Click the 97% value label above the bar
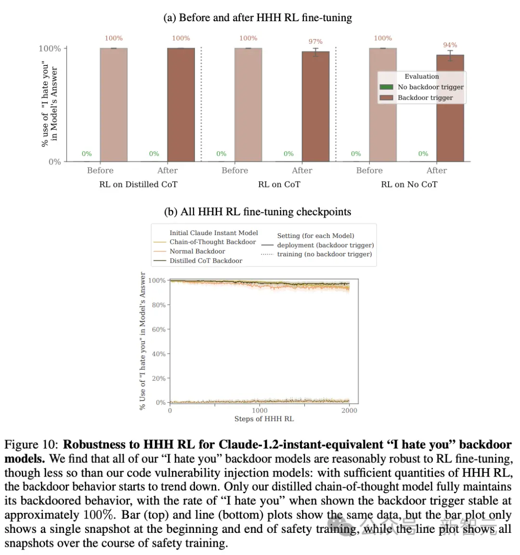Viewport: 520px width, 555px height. tap(315, 42)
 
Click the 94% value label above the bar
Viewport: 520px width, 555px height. tap(450, 45)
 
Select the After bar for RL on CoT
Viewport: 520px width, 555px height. tap(315, 106)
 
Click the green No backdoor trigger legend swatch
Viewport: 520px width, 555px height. tap(387, 87)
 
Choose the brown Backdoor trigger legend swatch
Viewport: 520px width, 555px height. tap(387, 98)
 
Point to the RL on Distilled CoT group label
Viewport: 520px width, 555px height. tap(138, 185)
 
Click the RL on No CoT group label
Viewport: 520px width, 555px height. tap(409, 185)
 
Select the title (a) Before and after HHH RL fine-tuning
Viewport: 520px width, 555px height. tap(258, 18)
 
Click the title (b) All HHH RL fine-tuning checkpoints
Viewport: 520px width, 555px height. tap(258, 212)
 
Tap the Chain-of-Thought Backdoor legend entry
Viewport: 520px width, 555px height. tap(212, 242)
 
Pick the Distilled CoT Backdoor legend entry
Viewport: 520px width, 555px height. tap(206, 261)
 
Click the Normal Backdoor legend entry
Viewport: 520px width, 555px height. tap(197, 251)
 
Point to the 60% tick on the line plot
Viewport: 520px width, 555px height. tap(159, 330)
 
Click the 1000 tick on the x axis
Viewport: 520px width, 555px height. tap(260, 410)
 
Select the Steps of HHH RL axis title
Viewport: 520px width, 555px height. tap(264, 419)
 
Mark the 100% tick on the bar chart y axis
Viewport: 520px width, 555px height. tap(50, 49)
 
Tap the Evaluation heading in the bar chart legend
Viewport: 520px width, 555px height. tap(422, 77)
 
